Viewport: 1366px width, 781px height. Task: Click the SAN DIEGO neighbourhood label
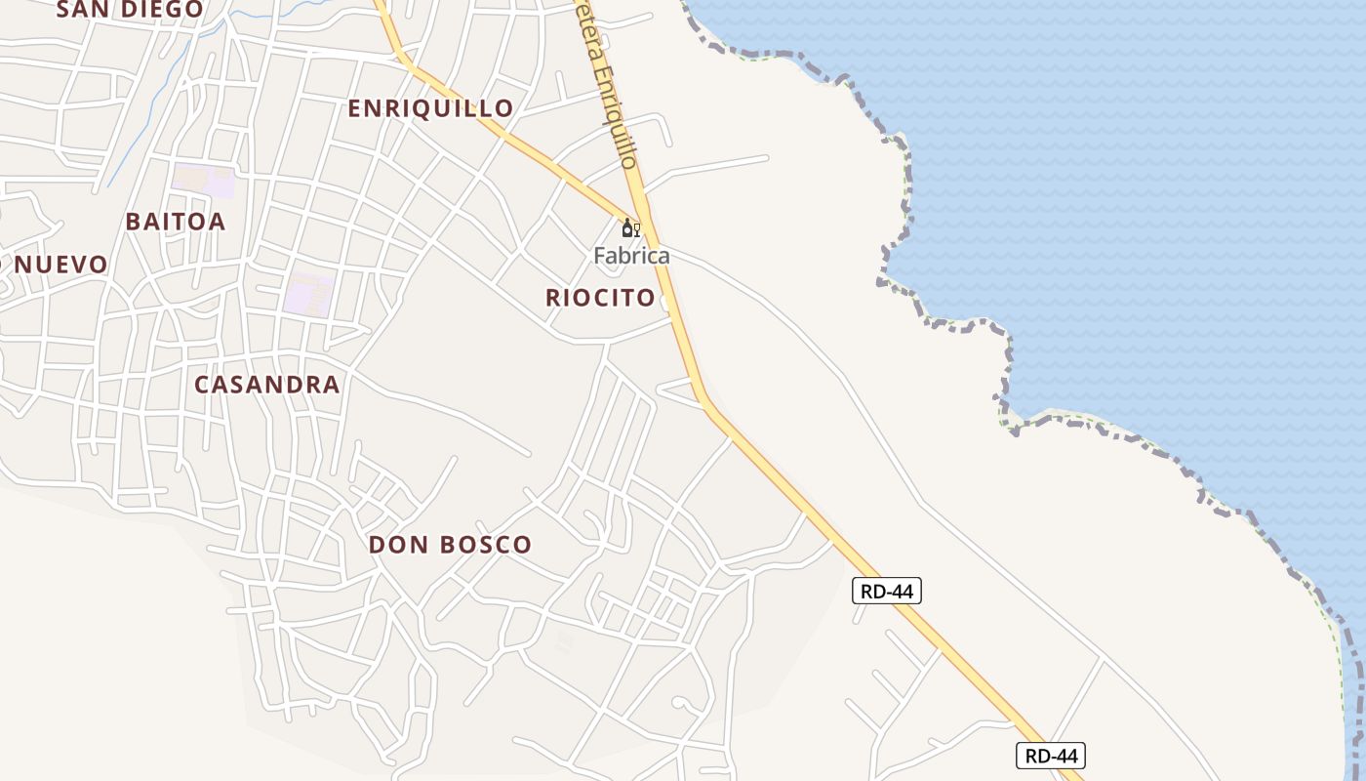pos(131,10)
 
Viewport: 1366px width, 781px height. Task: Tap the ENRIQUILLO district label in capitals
pos(430,108)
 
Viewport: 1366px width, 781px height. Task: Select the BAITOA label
pos(176,222)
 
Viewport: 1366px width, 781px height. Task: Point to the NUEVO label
pos(60,265)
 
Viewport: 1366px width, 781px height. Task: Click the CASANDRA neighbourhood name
pos(267,385)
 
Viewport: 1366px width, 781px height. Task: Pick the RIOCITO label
pos(600,299)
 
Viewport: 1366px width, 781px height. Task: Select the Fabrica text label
pos(631,257)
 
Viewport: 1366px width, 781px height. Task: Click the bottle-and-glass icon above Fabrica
pos(630,228)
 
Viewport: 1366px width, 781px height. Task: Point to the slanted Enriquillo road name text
pos(614,98)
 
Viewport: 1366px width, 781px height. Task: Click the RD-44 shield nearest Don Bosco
pos(886,591)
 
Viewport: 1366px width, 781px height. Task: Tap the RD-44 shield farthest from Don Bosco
pos(1050,755)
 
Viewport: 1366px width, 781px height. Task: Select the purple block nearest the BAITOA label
pos(204,181)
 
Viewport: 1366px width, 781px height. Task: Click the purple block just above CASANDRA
pos(308,294)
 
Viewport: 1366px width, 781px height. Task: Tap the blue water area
pos(1122,195)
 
